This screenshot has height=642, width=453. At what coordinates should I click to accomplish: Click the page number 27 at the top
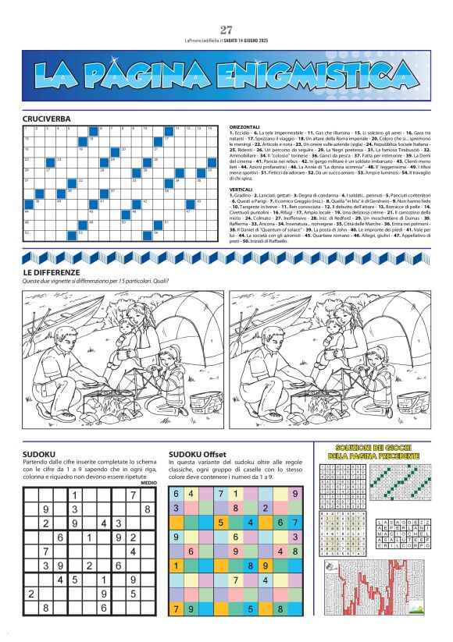pyautogui.click(x=226, y=30)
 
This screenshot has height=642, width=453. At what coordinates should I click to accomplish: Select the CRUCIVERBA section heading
pyautogui.click(x=47, y=119)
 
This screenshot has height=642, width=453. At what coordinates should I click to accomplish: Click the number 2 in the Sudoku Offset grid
pyautogui.click(x=266, y=507)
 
